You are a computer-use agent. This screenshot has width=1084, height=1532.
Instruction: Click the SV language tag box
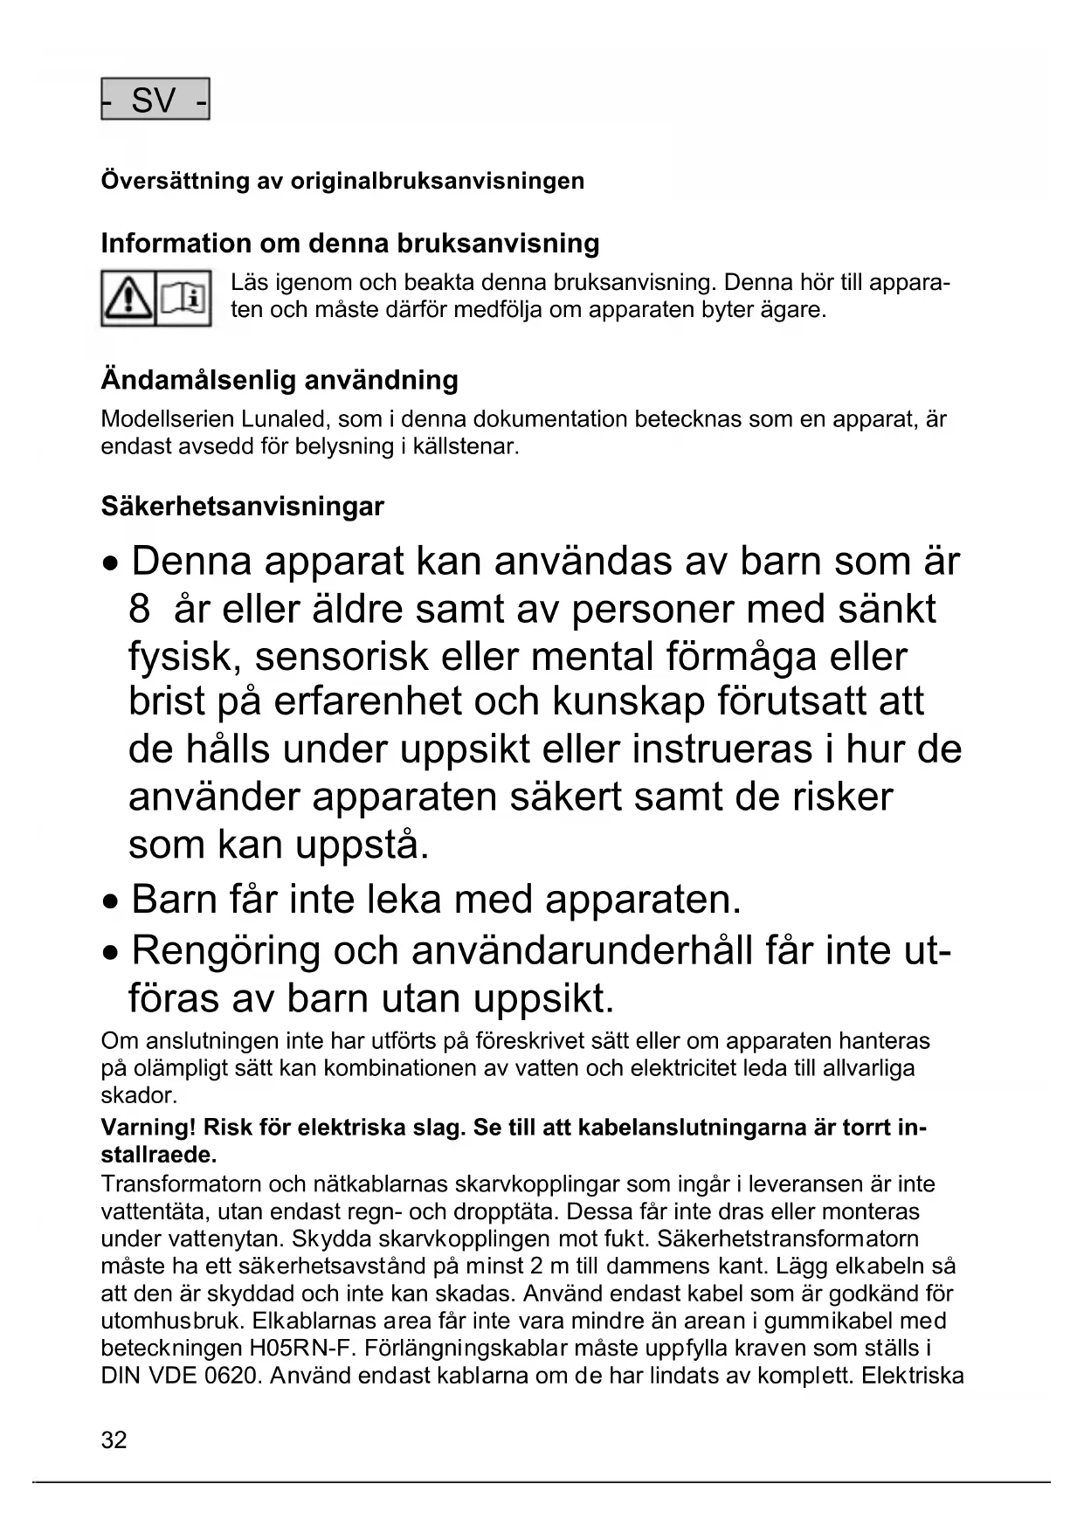click(x=155, y=100)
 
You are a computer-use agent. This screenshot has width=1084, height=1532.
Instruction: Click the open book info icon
click(x=183, y=299)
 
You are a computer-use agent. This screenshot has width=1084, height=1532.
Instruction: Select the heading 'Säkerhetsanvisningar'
click(x=242, y=507)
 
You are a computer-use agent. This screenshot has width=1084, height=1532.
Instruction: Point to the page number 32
click(x=114, y=1440)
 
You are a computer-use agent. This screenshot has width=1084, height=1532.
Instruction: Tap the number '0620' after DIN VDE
click(x=230, y=1376)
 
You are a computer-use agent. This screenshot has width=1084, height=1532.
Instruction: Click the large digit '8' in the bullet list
click(x=140, y=609)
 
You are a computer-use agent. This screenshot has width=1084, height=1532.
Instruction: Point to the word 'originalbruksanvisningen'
click(x=437, y=181)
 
